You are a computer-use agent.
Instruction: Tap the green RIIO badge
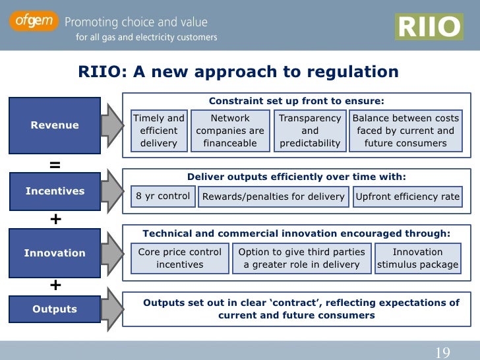click(x=428, y=27)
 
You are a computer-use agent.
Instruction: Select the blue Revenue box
click(x=54, y=125)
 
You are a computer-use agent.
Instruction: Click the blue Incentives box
click(x=54, y=191)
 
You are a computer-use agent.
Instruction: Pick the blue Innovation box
click(x=54, y=253)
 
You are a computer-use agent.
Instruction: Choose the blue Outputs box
click(x=54, y=309)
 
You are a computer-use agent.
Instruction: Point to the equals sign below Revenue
click(x=55, y=165)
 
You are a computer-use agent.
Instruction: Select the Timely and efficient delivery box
click(x=158, y=131)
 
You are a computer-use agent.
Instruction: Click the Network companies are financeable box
click(x=229, y=131)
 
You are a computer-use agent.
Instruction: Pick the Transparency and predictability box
click(x=309, y=131)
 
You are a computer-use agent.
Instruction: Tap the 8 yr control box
click(x=163, y=196)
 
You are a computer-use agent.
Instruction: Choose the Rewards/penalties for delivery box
click(x=273, y=196)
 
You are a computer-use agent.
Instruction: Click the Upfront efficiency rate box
click(x=407, y=196)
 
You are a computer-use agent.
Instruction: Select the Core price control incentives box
click(x=179, y=258)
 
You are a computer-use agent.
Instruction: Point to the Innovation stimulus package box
click(x=417, y=258)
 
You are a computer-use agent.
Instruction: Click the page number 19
click(x=442, y=352)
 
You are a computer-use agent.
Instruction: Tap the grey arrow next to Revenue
click(x=111, y=125)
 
